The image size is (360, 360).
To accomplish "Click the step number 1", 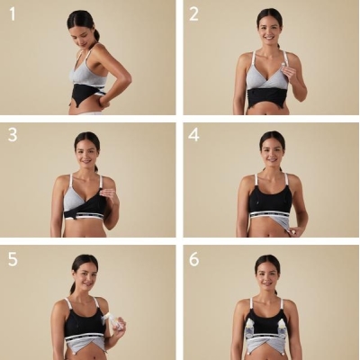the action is tap(13, 14).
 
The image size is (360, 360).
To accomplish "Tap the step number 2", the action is tap(193, 14).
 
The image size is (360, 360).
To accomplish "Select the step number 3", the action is tap(13, 135).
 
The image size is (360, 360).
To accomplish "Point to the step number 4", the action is tap(193, 135).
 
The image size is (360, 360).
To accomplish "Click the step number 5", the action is tap(13, 259).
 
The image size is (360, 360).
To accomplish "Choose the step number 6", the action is tap(194, 259).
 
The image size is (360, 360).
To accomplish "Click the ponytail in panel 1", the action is tap(96, 34).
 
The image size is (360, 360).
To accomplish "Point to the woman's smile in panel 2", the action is tap(269, 38).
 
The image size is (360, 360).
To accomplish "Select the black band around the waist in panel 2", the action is tap(267, 98).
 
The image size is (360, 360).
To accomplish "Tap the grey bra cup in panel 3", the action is tap(74, 200).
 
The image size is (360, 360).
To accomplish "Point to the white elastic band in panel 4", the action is tap(269, 215).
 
